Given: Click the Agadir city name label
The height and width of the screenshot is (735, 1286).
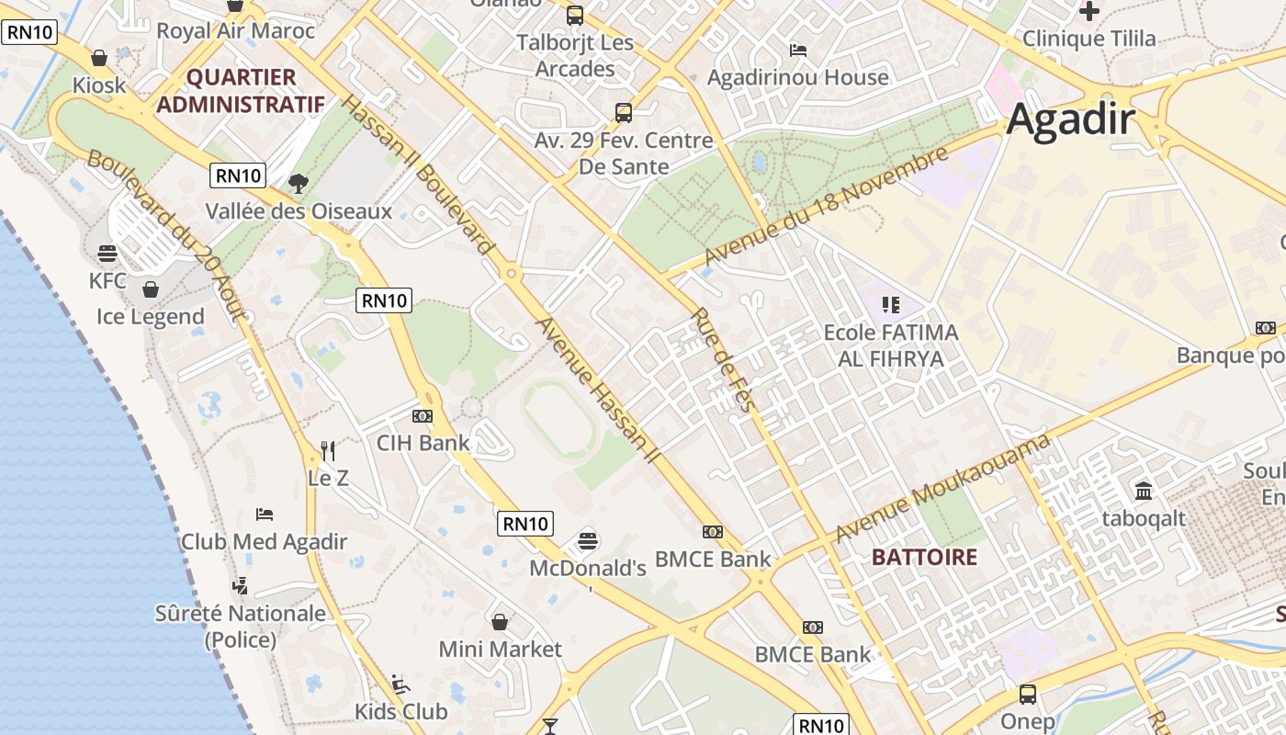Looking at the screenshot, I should click(1071, 120).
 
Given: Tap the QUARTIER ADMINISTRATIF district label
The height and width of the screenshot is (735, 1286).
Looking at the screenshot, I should click(241, 90).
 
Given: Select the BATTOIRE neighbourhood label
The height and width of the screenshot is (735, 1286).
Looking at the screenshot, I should click(924, 557).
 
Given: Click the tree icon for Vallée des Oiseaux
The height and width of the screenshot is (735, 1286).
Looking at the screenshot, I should click(298, 184).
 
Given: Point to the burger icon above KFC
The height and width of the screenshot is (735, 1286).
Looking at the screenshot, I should click(107, 254).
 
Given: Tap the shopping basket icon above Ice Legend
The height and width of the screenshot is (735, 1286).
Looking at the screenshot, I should click(151, 290).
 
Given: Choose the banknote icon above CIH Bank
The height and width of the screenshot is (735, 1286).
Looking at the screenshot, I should click(423, 416).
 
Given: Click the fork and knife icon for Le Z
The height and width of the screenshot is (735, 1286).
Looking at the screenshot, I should click(328, 450).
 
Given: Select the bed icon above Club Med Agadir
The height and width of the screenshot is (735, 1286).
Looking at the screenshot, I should click(265, 514).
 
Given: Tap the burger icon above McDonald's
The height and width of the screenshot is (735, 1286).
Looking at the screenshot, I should click(588, 540).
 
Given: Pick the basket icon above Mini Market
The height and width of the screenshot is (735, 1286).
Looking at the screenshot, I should click(500, 622).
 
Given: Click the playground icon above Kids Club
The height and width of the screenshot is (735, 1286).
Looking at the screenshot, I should click(400, 684).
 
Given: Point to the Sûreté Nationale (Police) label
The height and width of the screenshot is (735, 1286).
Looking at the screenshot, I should click(241, 626).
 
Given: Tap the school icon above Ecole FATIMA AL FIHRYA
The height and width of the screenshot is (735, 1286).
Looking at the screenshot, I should click(890, 304).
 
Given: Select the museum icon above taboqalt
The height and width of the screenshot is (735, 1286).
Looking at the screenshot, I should click(1144, 492).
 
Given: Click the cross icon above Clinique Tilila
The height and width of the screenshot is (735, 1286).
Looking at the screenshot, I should click(1089, 11).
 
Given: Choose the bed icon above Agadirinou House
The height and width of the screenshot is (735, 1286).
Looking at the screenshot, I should click(798, 50).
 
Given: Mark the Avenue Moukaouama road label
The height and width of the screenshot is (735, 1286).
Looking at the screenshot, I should click(942, 490).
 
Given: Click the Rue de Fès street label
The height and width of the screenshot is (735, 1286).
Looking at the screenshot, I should click(723, 359).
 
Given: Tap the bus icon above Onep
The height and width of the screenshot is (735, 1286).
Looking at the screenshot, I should click(1028, 694).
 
